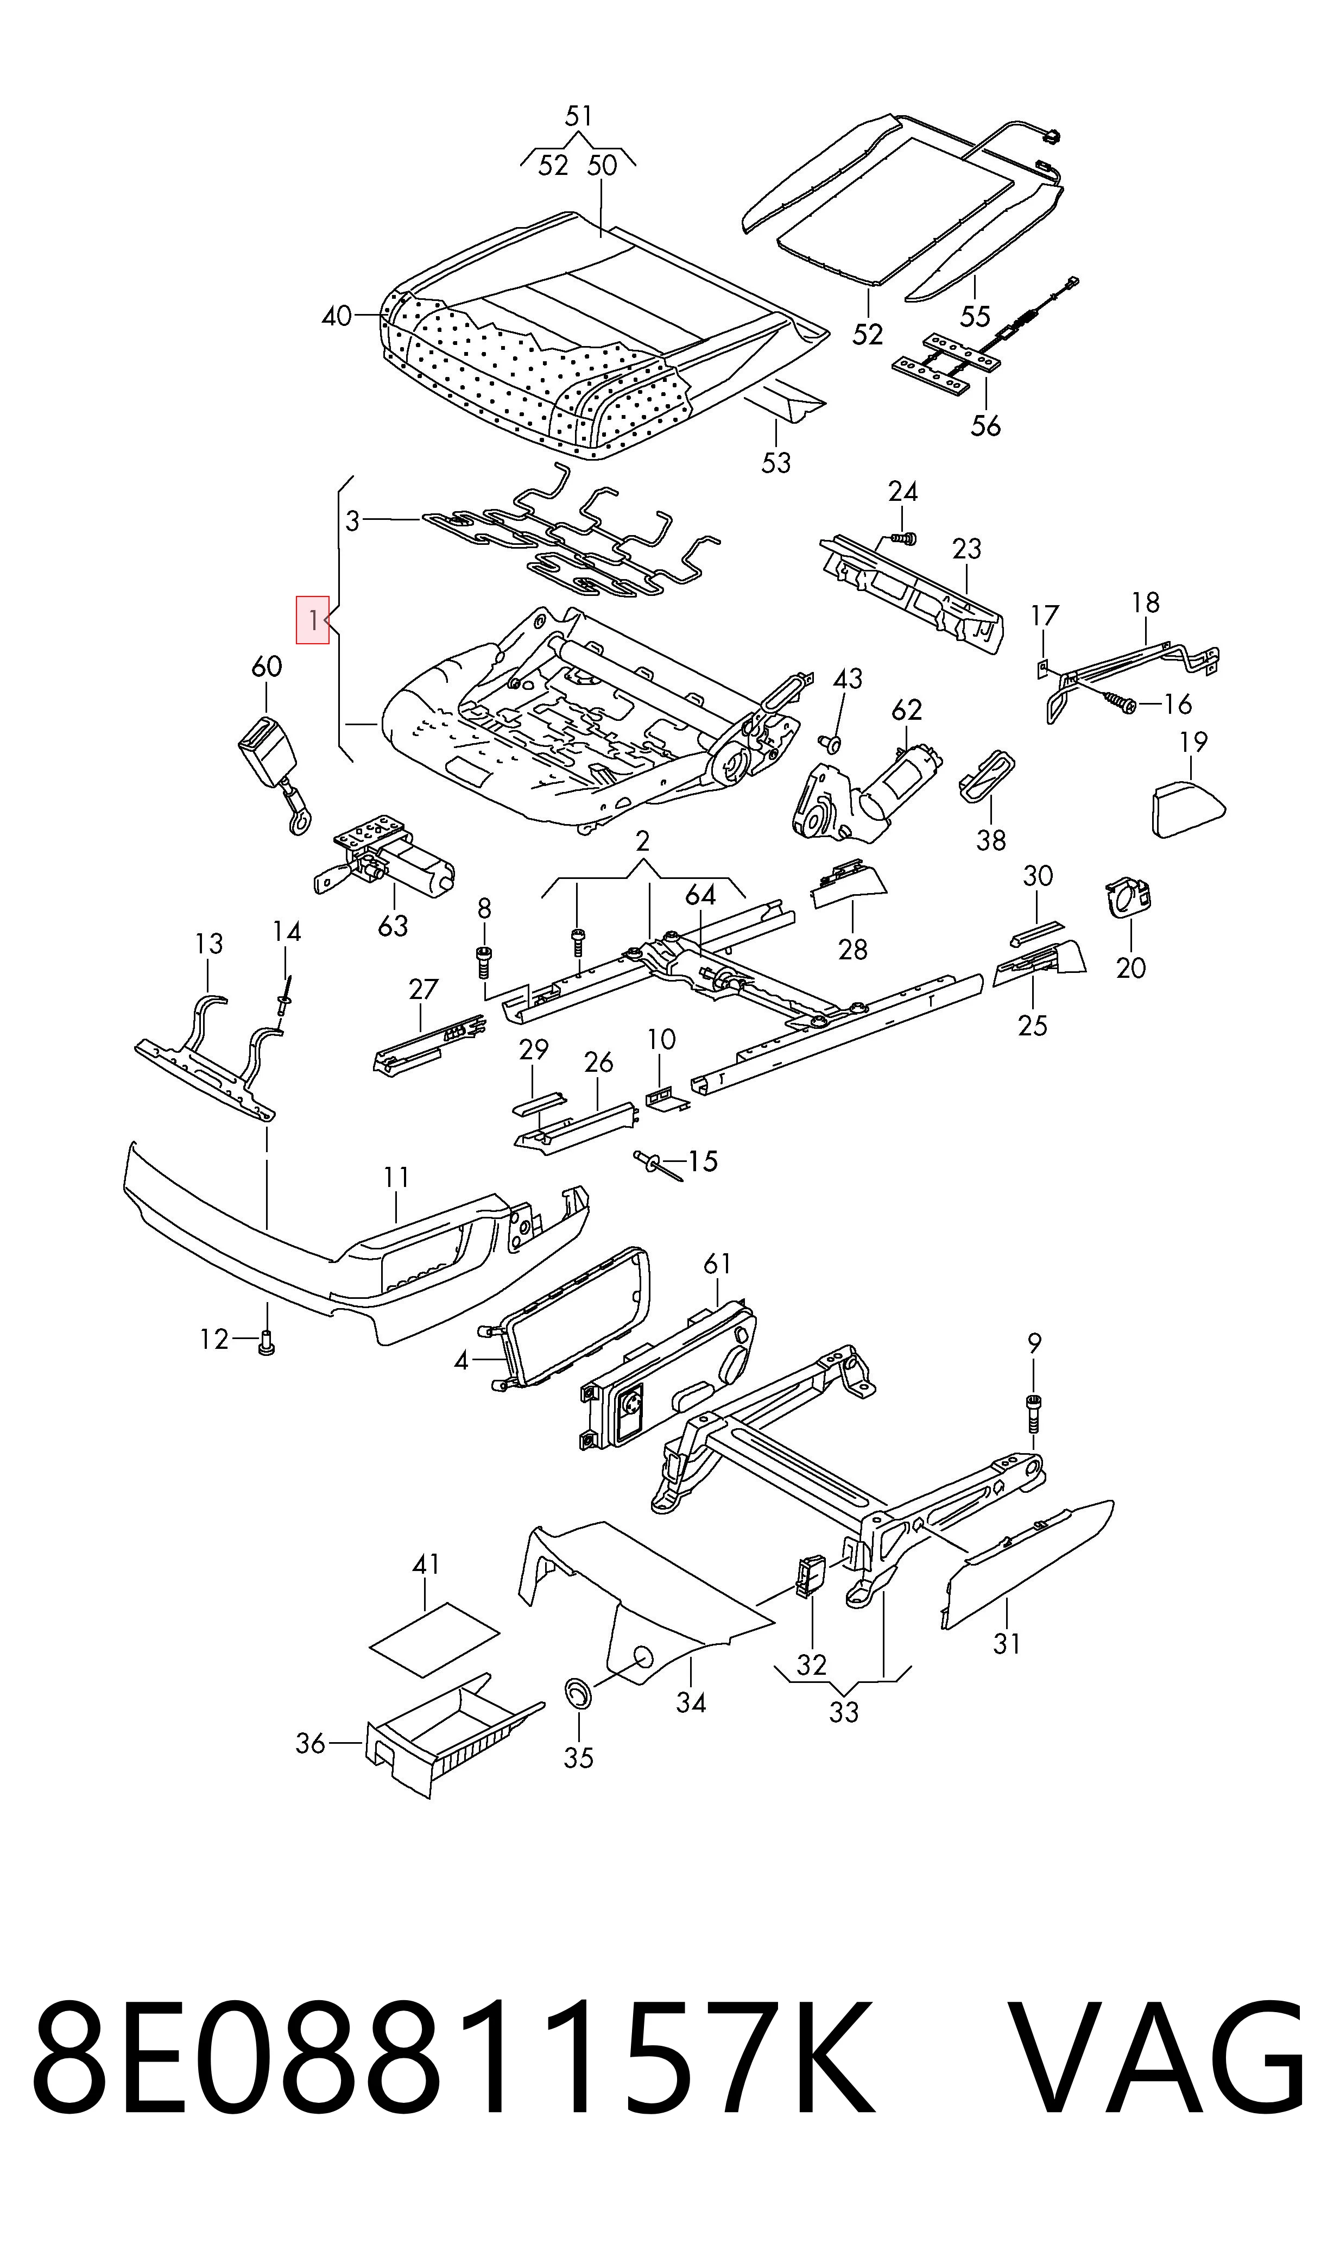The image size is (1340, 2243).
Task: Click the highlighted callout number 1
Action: pyautogui.click(x=312, y=620)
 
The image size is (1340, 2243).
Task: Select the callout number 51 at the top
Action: pyautogui.click(x=579, y=117)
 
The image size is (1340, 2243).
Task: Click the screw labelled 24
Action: pyautogui.click(x=902, y=537)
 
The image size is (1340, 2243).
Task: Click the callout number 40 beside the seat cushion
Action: pyautogui.click(x=337, y=316)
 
